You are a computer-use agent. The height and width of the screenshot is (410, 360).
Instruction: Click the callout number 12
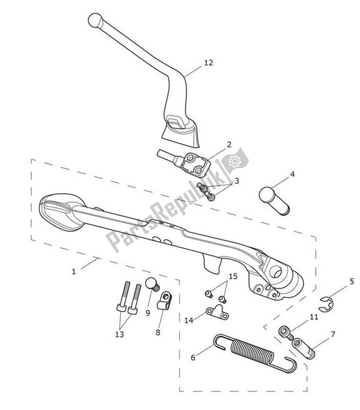click(209, 63)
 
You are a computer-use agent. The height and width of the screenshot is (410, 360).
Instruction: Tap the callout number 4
click(292, 174)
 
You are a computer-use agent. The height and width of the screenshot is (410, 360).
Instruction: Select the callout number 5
click(352, 282)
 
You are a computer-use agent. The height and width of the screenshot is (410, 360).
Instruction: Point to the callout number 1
click(73, 272)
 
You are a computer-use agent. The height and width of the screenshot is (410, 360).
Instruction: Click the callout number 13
click(120, 335)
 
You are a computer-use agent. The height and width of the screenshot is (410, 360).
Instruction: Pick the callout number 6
click(193, 358)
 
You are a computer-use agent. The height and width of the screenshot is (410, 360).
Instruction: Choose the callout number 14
click(189, 320)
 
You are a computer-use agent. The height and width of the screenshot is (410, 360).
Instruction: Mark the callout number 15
click(233, 277)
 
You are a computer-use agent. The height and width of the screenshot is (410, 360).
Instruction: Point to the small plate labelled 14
click(217, 312)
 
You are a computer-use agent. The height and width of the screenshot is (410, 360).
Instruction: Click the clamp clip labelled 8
click(164, 301)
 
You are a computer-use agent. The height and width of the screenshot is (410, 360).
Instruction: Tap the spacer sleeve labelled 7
click(303, 348)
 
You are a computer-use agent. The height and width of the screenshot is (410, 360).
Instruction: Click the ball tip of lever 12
click(95, 21)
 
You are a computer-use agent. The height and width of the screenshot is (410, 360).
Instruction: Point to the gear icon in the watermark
click(234, 161)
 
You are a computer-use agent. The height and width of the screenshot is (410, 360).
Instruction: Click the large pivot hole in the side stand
click(275, 272)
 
